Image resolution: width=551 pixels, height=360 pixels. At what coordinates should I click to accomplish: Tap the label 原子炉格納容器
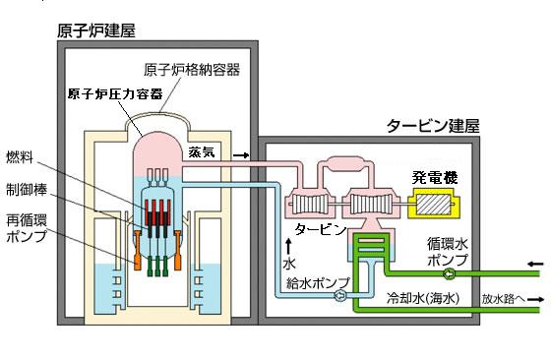(192, 69)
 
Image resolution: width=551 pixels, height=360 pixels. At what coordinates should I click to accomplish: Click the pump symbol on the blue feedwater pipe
(339, 293)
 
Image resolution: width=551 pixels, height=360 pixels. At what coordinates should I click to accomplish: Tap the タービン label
(321, 228)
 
